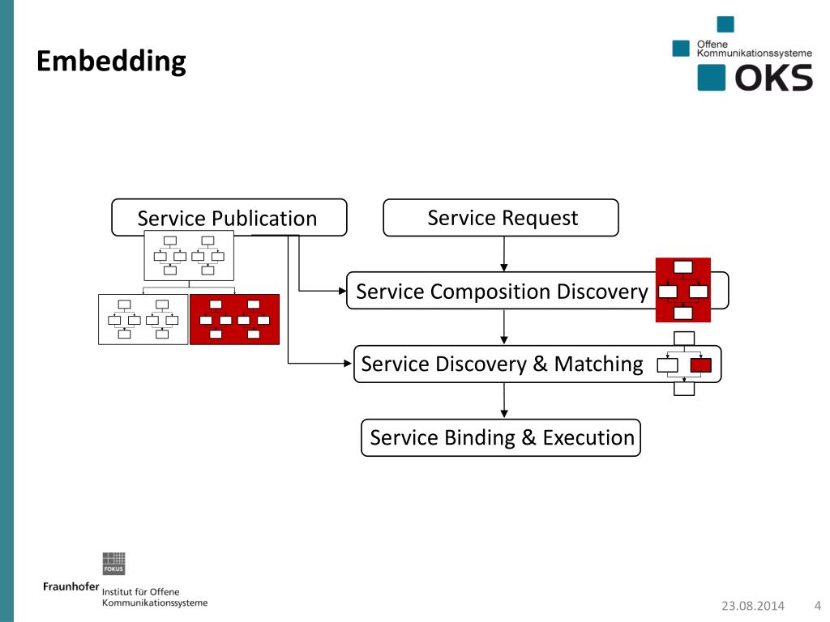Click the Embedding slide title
click(111, 62)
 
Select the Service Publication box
click(229, 217)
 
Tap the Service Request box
click(501, 217)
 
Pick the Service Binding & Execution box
click(501, 437)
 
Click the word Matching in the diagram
click(598, 364)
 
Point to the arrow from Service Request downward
click(504, 253)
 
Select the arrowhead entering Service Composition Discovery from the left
click(343, 291)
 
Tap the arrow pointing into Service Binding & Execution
click(504, 400)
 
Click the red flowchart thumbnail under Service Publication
click(234, 319)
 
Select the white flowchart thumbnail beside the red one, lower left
click(143, 319)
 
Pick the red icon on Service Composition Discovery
click(682, 290)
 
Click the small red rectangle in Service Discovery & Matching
click(701, 365)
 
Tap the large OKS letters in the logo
click(773, 78)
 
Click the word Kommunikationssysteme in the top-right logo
click(754, 53)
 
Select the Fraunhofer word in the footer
click(71, 586)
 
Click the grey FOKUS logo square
click(113, 564)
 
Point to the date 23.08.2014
click(753, 606)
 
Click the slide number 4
click(818, 606)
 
